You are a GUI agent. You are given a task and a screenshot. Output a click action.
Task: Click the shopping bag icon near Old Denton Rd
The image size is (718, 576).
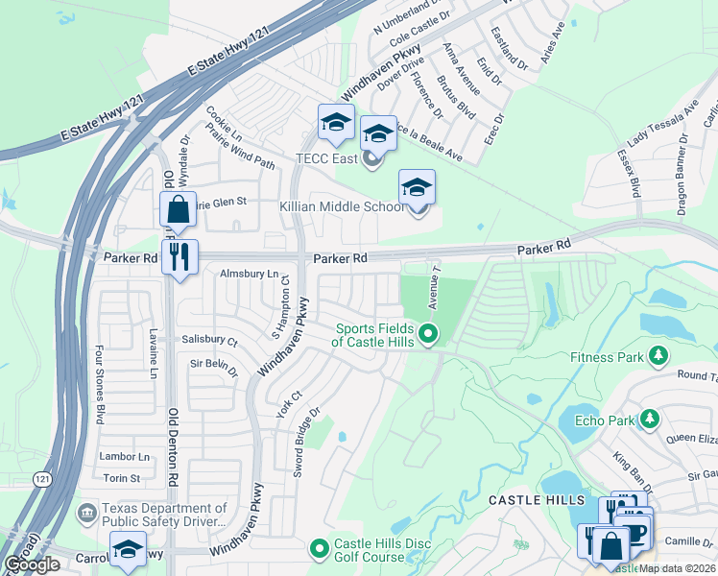[178, 208]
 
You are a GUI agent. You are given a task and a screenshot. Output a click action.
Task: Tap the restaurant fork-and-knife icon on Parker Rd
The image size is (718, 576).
[179, 256]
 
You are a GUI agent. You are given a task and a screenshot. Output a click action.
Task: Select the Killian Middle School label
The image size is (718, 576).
[342, 206]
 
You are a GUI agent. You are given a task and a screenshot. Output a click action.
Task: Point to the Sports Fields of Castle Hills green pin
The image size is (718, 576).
[428, 334]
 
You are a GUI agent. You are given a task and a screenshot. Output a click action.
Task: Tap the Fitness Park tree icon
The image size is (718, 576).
[658, 357]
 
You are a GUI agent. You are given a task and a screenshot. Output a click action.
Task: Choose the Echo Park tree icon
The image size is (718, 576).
[650, 420]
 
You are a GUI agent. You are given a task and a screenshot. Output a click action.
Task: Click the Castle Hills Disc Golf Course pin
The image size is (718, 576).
[320, 548]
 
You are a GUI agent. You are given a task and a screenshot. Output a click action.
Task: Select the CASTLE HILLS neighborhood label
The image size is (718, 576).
[536, 500]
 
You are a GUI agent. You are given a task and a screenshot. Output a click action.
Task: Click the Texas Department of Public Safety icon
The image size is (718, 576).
[87, 515]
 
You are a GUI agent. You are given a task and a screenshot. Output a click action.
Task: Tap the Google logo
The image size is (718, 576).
[32, 564]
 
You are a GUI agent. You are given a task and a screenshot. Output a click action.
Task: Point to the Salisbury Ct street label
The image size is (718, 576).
[209, 340]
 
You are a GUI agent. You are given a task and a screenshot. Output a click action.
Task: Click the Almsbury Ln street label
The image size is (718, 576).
[249, 274]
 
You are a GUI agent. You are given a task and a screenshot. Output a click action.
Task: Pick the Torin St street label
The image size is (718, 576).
[122, 477]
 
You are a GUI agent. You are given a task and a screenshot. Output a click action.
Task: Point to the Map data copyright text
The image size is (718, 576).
[678, 567]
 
